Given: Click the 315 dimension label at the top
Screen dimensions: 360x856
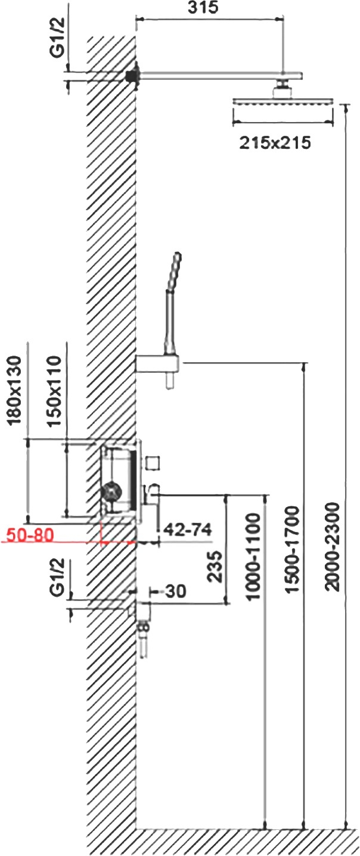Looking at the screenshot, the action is click(203, 7).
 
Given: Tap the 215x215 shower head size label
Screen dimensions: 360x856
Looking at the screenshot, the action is click(275, 143).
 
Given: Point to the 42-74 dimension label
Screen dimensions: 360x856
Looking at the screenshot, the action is click(187, 530).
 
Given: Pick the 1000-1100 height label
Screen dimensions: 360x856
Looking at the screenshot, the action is click(254, 556).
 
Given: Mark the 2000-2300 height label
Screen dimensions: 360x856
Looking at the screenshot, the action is click(332, 547).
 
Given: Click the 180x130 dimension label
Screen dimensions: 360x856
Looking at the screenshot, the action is click(15, 391).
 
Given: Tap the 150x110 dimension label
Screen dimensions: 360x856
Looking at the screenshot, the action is click(53, 391).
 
